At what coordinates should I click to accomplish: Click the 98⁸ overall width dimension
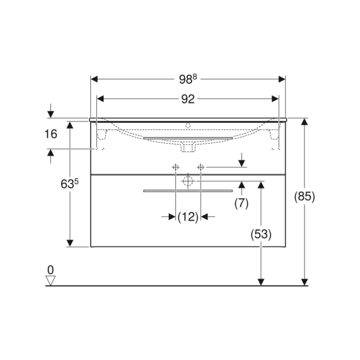pyautogui.click(x=188, y=79)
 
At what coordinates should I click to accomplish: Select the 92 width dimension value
pyautogui.click(x=188, y=99)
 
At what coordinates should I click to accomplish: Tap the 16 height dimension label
pyautogui.click(x=50, y=134)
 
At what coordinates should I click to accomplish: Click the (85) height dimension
pyautogui.click(x=304, y=196)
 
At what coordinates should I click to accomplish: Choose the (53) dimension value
pyautogui.click(x=261, y=234)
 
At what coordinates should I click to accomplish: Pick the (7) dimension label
pyautogui.click(x=241, y=203)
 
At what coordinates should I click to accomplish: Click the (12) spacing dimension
pyautogui.click(x=188, y=217)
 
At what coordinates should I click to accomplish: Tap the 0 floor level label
pyautogui.click(x=50, y=269)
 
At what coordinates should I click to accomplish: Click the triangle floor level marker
pyautogui.click(x=50, y=280)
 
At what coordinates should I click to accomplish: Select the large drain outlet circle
pyautogui.click(x=188, y=181)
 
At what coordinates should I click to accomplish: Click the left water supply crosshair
pyautogui.click(x=175, y=167)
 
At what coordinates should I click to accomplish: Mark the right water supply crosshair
pyautogui.click(x=201, y=167)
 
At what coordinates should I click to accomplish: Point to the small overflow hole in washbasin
pyautogui.click(x=188, y=124)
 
